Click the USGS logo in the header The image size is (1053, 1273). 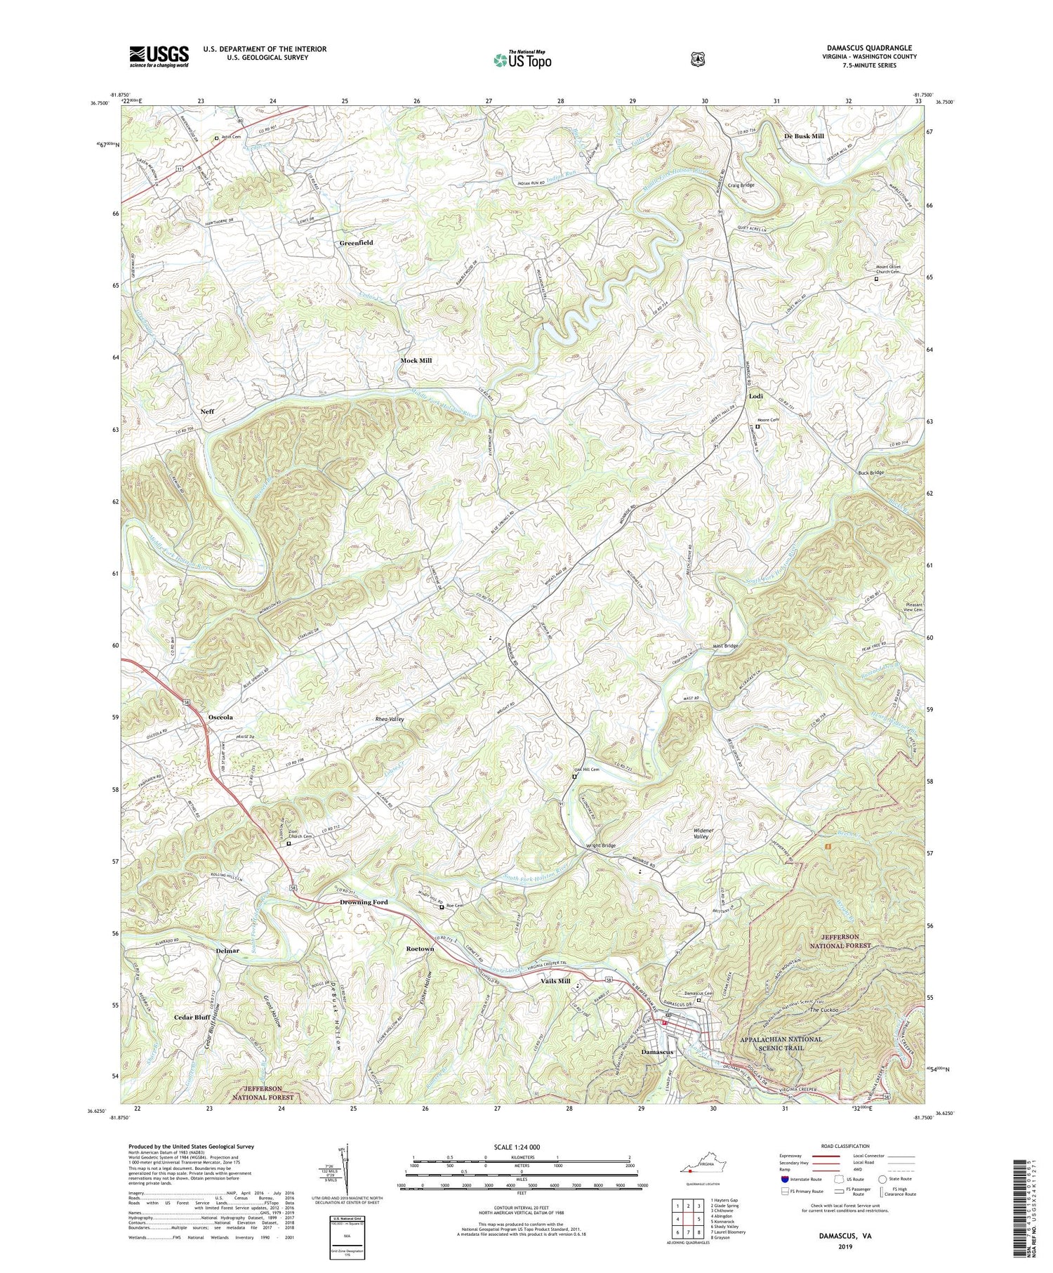point(159,56)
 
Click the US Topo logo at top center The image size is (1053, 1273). point(522,60)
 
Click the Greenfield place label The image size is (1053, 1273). point(356,242)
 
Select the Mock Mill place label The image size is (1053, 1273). point(416,360)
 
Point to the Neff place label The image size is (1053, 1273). point(207,411)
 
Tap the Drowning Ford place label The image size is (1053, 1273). point(364,902)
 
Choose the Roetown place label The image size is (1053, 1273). point(420,949)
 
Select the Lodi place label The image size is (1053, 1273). point(755,396)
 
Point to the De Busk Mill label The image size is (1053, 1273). point(804,136)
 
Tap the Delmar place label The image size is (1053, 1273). point(227,950)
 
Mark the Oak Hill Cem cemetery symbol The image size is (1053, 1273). point(574,777)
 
